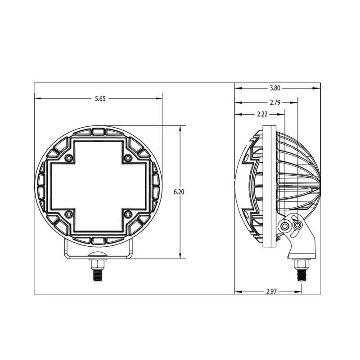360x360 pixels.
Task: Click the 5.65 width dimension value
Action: (x=100, y=99)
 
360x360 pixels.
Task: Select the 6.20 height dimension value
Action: (x=180, y=192)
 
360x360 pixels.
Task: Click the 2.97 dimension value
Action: (x=270, y=292)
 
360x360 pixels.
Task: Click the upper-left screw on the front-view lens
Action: (x=68, y=159)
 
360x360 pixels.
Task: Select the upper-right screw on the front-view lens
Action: (x=128, y=159)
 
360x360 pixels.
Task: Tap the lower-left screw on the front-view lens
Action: (x=68, y=214)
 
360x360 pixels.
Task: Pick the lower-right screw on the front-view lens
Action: (x=128, y=214)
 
